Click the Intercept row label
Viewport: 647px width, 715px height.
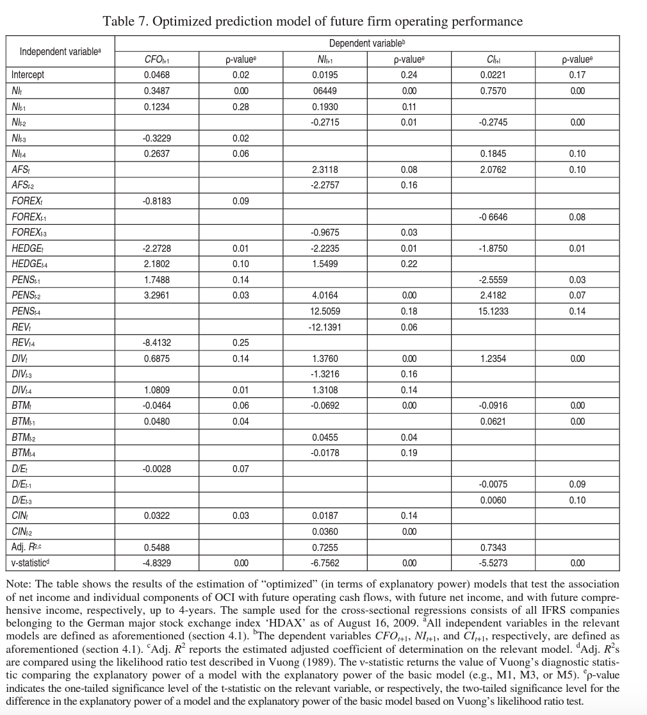pyautogui.click(x=28, y=75)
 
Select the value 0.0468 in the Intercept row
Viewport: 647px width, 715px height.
pyautogui.click(x=157, y=75)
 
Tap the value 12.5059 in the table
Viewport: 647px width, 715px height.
pyautogui.click(x=325, y=311)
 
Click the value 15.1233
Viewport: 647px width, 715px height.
pyautogui.click(x=493, y=311)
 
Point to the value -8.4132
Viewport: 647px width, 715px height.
pyautogui.click(x=157, y=343)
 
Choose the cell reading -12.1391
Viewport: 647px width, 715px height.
pyautogui.click(x=325, y=327)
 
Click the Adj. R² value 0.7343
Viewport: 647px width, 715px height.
pyautogui.click(x=493, y=548)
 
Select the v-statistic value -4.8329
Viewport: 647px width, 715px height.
pyautogui.click(x=157, y=563)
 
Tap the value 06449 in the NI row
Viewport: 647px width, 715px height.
pyautogui.click(x=325, y=91)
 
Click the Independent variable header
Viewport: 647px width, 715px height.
pyautogui.click(x=60, y=51)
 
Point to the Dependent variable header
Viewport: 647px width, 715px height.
pyautogui.click(x=368, y=44)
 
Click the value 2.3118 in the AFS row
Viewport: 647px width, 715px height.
pyautogui.click(x=325, y=170)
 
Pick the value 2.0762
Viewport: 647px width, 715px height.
pyautogui.click(x=493, y=170)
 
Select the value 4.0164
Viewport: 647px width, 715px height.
pyautogui.click(x=325, y=295)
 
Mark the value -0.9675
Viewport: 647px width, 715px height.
pyautogui.click(x=325, y=233)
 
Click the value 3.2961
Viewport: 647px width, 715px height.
pyautogui.click(x=157, y=295)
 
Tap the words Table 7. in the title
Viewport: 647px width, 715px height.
pyautogui.click(x=126, y=21)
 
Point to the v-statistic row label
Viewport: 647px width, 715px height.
pyautogui.click(x=30, y=563)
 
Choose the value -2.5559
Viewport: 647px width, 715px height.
pyautogui.click(x=493, y=280)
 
